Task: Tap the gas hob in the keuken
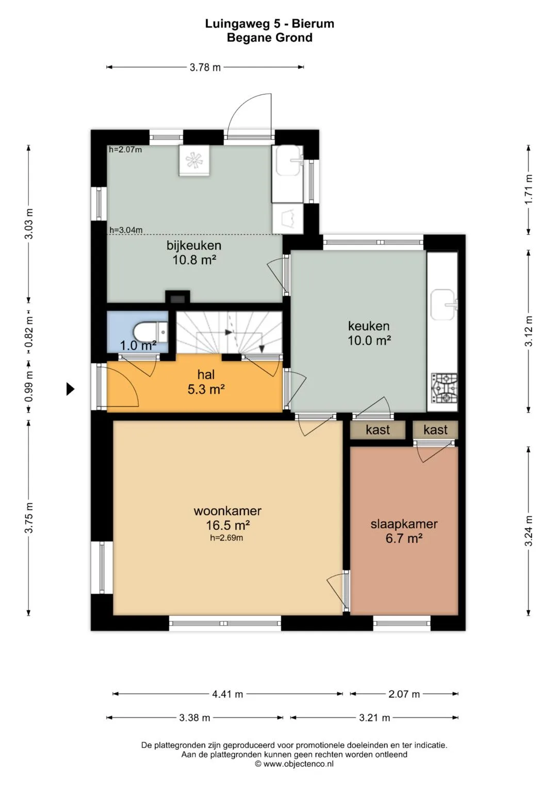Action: point(444,388)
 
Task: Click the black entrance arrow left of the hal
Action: point(71,389)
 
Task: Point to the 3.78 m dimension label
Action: point(205,67)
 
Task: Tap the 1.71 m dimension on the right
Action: point(529,189)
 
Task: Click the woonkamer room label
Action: point(227,511)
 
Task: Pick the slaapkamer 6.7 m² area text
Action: point(404,538)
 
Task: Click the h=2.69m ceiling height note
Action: point(226,538)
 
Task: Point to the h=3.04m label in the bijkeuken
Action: point(126,230)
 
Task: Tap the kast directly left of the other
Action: point(378,430)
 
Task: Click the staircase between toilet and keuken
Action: point(229,332)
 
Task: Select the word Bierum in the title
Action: point(313,24)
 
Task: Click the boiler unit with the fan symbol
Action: point(194,160)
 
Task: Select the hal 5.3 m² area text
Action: point(206,389)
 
